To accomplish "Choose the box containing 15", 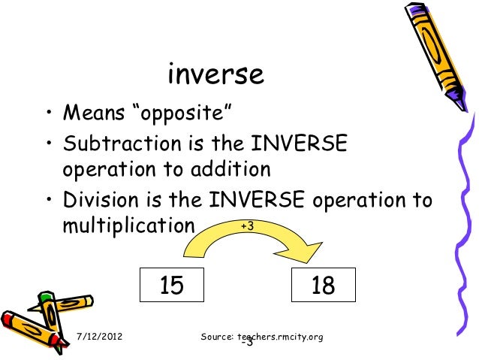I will tap(173, 285).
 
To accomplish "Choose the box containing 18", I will tap(324, 285).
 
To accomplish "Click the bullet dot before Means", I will tap(47, 115).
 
